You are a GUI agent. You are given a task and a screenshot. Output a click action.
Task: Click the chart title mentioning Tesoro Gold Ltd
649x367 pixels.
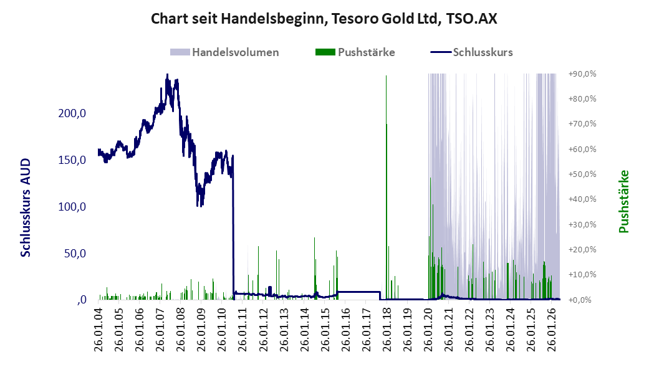pyautogui.click(x=324, y=19)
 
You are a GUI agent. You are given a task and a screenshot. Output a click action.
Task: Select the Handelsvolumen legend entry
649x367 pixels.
pyautogui.click(x=224, y=52)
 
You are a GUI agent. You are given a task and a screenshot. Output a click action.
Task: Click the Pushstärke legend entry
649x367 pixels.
pyautogui.click(x=355, y=52)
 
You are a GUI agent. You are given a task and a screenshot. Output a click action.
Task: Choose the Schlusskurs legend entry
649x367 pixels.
pyautogui.click(x=471, y=52)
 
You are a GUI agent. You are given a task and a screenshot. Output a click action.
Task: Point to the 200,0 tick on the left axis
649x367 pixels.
pyautogui.click(x=72, y=113)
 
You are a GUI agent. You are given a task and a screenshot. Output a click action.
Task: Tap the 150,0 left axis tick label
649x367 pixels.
pyautogui.click(x=72, y=160)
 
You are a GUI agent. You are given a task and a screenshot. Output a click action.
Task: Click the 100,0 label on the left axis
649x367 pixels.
pyautogui.click(x=72, y=206)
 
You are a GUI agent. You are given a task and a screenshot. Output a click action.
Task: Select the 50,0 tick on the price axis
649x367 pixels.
pyautogui.click(x=75, y=253)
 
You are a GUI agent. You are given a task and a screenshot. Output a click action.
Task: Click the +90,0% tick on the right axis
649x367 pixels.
pyautogui.click(x=582, y=74)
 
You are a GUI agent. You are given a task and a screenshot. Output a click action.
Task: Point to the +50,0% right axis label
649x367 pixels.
pyautogui.click(x=582, y=174)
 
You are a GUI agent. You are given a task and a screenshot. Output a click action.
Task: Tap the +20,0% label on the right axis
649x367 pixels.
pyautogui.click(x=582, y=249)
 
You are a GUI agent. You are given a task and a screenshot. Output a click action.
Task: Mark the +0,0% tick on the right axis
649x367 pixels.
pyautogui.click(x=580, y=300)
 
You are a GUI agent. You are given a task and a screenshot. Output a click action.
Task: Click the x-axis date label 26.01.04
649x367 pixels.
pyautogui.click(x=99, y=330)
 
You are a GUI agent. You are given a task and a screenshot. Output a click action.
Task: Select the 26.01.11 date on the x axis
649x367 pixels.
pyautogui.click(x=243, y=330)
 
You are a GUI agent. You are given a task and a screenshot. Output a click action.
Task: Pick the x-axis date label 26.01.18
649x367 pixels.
pyautogui.click(x=387, y=330)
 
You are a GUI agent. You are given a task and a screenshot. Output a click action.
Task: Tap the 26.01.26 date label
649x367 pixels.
pyautogui.click(x=551, y=330)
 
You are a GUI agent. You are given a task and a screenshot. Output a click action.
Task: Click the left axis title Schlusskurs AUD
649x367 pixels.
pyautogui.click(x=26, y=207)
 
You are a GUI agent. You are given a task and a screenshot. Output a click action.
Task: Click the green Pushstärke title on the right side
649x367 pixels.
pyautogui.click(x=624, y=201)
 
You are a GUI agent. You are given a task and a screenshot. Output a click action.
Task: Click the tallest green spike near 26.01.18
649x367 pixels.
pyautogui.click(x=386, y=187)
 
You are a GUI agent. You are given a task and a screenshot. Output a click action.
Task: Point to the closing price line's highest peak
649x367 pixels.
pyautogui.click(x=167, y=75)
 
